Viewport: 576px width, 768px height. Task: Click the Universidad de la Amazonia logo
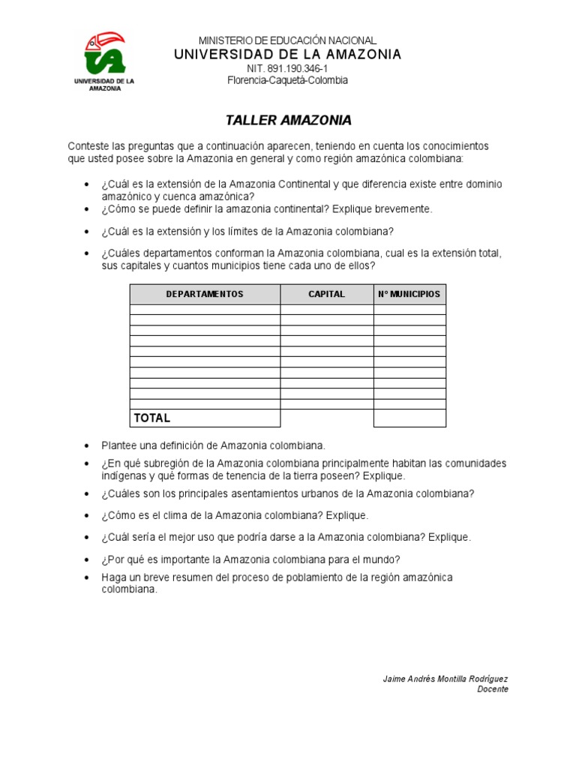[x=104, y=60]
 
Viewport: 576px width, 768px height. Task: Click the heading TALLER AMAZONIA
[x=289, y=120]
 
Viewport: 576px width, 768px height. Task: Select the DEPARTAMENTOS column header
[x=205, y=294]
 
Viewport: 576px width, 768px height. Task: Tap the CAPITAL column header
[x=327, y=294]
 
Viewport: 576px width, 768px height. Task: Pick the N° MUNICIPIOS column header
[x=409, y=294]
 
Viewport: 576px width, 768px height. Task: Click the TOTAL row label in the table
[x=152, y=418]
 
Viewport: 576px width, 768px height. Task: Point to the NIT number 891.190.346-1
[x=288, y=68]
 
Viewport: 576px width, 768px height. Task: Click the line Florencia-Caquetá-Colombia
[x=288, y=80]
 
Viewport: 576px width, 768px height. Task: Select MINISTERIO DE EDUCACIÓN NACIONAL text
[x=288, y=40]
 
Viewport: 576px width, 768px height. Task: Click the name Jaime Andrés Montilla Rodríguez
[x=445, y=679]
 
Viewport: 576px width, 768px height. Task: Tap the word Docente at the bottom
[x=493, y=689]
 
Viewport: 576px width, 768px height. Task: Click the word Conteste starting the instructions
[x=88, y=145]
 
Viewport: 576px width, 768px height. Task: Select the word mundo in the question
[x=378, y=559]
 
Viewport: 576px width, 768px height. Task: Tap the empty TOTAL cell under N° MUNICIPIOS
[x=409, y=418]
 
